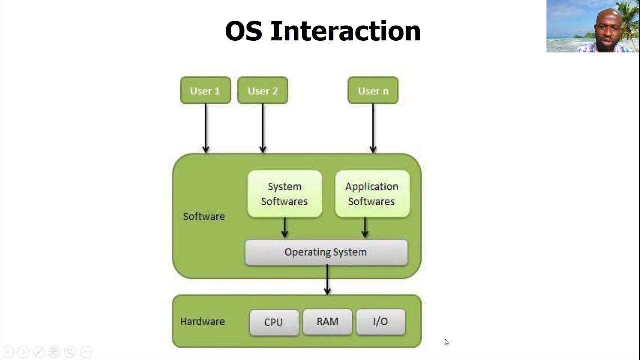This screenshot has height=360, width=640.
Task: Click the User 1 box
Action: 205,90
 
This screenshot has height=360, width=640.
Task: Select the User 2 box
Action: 262,90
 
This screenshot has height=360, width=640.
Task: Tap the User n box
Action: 373,90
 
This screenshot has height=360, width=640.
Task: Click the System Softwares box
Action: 284,194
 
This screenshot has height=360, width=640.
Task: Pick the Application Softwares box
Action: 372,194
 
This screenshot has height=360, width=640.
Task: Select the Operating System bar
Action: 326,252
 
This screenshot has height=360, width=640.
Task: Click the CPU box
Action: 274,322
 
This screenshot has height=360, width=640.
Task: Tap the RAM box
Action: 327,322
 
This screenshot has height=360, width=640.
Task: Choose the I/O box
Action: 380,322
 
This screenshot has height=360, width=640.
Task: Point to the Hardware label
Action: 202,321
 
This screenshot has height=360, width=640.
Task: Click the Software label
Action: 204,216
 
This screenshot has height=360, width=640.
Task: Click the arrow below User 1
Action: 205,127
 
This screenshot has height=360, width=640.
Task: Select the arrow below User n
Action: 373,127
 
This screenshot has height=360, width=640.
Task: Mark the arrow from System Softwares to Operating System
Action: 285,228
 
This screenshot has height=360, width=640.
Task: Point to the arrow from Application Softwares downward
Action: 365,228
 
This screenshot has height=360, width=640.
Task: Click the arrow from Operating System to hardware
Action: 327,280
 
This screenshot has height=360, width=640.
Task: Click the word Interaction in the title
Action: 345,31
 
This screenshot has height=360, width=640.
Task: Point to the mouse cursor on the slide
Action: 446,342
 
